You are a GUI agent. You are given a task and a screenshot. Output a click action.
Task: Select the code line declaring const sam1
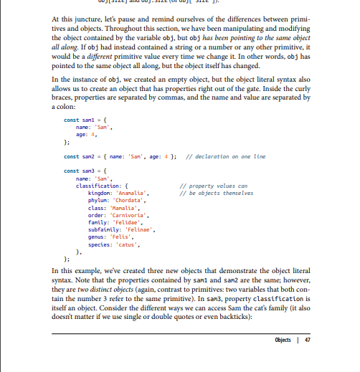85,118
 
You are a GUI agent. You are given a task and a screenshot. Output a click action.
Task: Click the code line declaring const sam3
85,171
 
